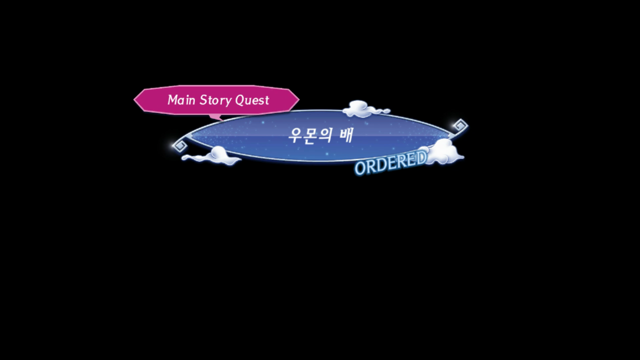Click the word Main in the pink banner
pyautogui.click(x=181, y=100)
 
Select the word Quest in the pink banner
pyautogui.click(x=252, y=100)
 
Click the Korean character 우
pyautogui.click(x=296, y=135)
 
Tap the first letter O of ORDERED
pyautogui.click(x=360, y=168)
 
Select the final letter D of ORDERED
pyautogui.click(x=420, y=158)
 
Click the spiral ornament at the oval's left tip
pyautogui.click(x=179, y=145)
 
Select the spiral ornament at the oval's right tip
pyautogui.click(x=460, y=125)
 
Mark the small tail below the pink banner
pyautogui.click(x=216, y=117)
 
